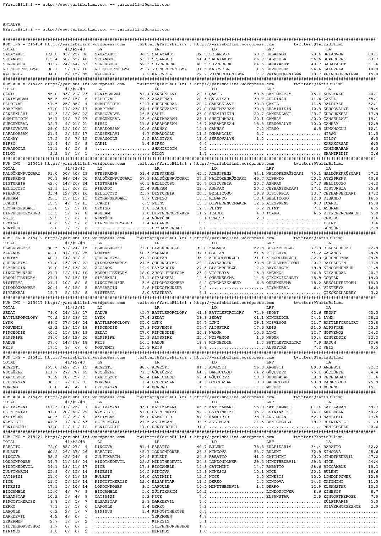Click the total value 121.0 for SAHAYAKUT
tap(51, 54)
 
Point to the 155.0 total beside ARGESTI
tap(51, 367)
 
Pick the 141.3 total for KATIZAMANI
tap(51, 407)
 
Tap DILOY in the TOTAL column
tap(9, 154)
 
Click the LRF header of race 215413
tap(270, 362)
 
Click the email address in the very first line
tap(143, 5)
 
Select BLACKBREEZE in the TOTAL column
tap(16, 248)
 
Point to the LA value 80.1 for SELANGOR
tap(373, 54)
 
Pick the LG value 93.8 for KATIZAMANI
tap(145, 407)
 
